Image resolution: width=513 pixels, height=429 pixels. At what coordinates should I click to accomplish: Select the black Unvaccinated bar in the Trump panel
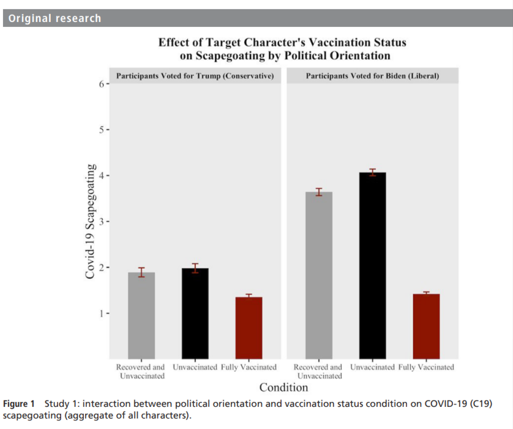coord(195,313)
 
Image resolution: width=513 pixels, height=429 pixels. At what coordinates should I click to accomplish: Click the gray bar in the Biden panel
coord(318,275)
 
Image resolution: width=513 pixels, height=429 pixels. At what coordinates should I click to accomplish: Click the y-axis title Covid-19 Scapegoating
coord(91,221)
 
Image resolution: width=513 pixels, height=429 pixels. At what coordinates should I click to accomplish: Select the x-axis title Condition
coord(283,387)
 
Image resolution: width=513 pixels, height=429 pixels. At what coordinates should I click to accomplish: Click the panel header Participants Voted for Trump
coord(195,76)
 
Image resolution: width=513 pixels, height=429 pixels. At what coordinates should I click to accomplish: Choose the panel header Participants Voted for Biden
coord(372,76)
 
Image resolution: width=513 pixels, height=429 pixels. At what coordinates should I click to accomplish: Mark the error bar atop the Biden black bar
coord(372,172)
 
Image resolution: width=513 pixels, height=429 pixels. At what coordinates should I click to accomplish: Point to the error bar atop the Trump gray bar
coord(141,272)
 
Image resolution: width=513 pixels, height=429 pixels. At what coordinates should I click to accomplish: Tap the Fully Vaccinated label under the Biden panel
coord(426,367)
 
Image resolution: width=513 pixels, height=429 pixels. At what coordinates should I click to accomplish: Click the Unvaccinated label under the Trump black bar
coord(195,367)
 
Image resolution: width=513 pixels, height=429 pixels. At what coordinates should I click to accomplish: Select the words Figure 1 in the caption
coord(19,404)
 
